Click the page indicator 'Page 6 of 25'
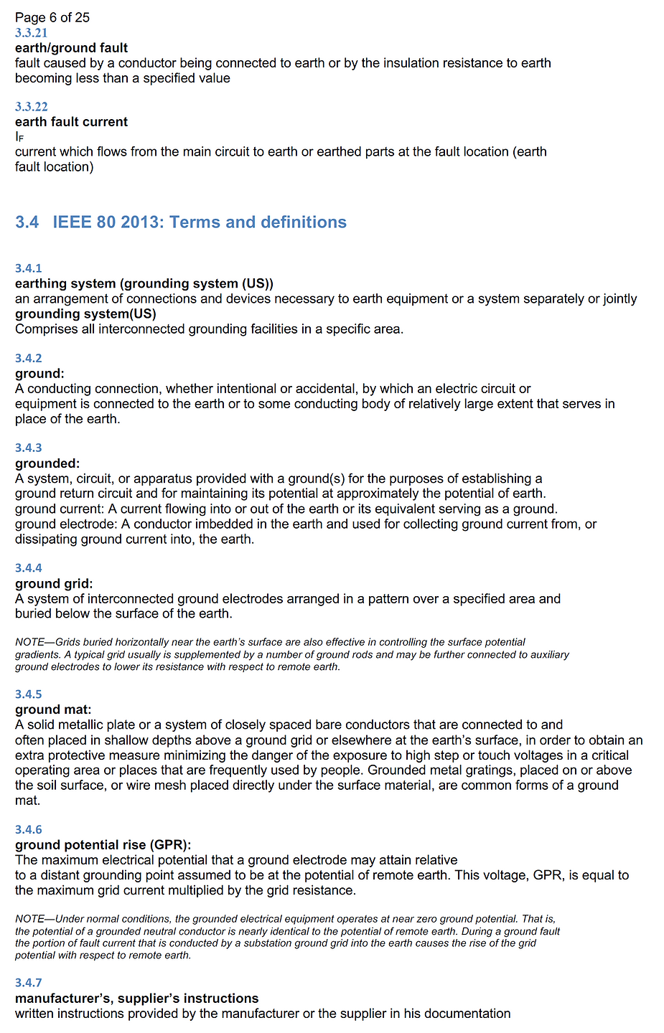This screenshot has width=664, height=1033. (52, 17)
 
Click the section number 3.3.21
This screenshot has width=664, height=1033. (31, 33)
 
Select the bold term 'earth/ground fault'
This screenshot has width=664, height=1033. (71, 48)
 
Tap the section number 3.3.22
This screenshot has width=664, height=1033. (31, 107)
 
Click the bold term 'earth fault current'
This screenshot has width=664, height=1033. (71, 122)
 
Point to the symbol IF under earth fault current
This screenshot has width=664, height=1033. (19, 137)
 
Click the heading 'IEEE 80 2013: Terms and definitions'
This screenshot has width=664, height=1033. (200, 222)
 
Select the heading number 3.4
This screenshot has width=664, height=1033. (27, 222)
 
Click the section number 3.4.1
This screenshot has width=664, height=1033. (29, 268)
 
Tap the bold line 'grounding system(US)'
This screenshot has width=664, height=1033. (85, 313)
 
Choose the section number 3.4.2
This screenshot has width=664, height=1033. (29, 358)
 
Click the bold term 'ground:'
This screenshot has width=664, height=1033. (39, 374)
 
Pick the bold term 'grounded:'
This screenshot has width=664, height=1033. (47, 463)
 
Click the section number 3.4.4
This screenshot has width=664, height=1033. (29, 568)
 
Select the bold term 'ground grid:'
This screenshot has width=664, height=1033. (54, 584)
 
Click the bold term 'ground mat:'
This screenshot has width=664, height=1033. (53, 709)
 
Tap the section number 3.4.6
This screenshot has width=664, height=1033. (29, 830)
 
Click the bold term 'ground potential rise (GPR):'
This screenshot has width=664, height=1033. (103, 845)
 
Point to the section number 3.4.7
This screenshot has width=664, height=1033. (29, 983)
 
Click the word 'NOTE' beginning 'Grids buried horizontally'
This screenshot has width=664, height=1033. (29, 642)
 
